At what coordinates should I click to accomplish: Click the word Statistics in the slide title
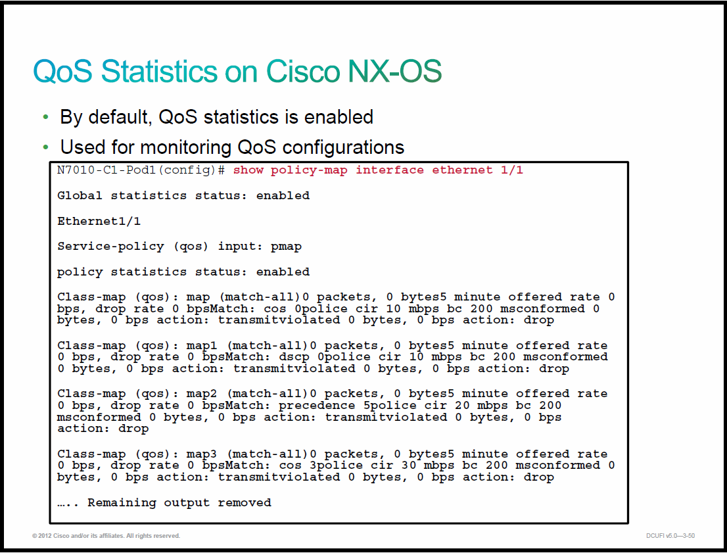click(x=159, y=72)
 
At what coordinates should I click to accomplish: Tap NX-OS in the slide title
click(x=394, y=72)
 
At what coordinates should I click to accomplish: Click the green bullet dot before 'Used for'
click(x=45, y=147)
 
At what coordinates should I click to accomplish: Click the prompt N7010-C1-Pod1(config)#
click(x=141, y=170)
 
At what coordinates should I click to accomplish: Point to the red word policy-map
click(x=309, y=170)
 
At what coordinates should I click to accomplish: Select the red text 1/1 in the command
click(x=512, y=170)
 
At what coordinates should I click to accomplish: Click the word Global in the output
click(x=80, y=195)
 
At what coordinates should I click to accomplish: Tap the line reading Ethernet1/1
click(x=99, y=221)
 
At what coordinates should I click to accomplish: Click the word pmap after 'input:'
click(x=286, y=247)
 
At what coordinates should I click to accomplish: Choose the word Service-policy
click(x=110, y=247)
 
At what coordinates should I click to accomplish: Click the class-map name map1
click(x=202, y=346)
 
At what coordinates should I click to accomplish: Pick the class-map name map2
click(x=202, y=394)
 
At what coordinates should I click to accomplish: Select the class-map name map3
click(x=202, y=454)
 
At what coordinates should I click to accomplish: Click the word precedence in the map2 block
click(x=317, y=406)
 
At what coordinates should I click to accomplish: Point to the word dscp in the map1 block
click(x=294, y=357)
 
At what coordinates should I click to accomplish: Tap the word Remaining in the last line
click(x=122, y=503)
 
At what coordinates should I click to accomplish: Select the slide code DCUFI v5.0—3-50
click(x=670, y=536)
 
